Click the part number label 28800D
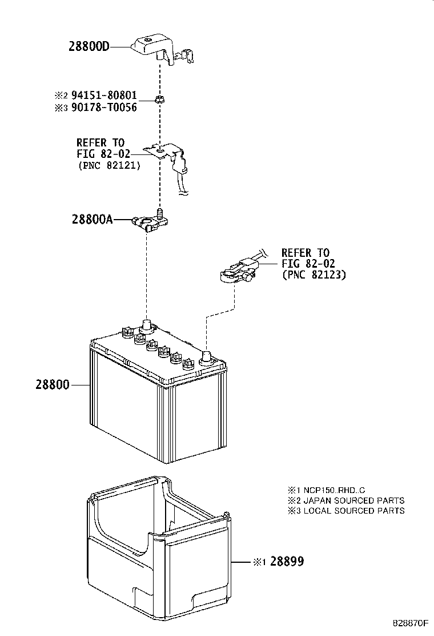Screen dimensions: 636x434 pyautogui.click(x=89, y=47)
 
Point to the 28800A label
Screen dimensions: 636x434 pyautogui.click(x=92, y=219)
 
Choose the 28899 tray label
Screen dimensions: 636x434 pyautogui.click(x=287, y=562)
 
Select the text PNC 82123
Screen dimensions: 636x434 pyautogui.click(x=314, y=275)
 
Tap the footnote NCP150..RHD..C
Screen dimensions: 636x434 pyautogui.click(x=334, y=490)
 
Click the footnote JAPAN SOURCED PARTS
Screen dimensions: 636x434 pyautogui.click(x=353, y=500)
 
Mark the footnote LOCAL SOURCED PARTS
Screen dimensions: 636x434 pyautogui.click(x=353, y=511)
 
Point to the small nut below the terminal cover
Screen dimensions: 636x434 pyautogui.click(x=160, y=101)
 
